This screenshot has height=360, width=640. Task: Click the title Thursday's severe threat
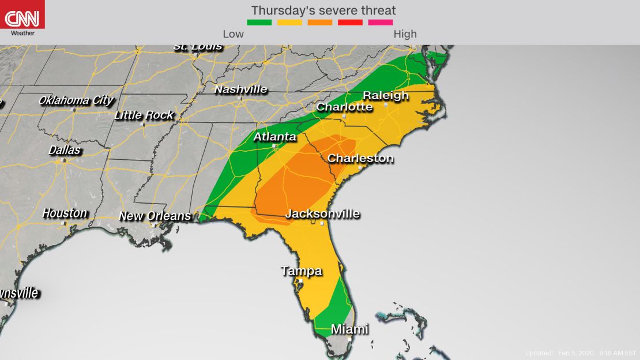pos(323,10)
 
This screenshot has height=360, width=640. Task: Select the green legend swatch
pos(259,22)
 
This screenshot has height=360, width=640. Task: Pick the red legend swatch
pos(350,22)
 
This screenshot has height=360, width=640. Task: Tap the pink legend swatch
pos(381,22)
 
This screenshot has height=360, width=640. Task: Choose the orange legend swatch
pos(320,22)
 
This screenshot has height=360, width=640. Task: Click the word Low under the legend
pos(233,34)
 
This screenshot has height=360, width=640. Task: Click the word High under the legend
pos(405,34)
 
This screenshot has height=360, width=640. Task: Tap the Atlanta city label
pos(275,137)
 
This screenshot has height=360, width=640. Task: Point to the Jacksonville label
pos(322,214)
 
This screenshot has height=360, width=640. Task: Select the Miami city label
pos(349,329)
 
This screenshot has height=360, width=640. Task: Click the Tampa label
pos(301,271)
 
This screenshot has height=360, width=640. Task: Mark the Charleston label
pos(360,158)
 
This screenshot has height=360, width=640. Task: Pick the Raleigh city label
pos(386,95)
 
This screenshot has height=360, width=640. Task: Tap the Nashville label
pos(240,89)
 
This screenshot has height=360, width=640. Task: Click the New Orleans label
pos(155,216)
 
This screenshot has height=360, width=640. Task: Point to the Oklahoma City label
pos(76,100)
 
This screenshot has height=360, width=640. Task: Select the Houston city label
pos(65,213)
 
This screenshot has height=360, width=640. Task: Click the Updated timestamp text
pos(580,353)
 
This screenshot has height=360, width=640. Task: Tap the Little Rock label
pos(144,115)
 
